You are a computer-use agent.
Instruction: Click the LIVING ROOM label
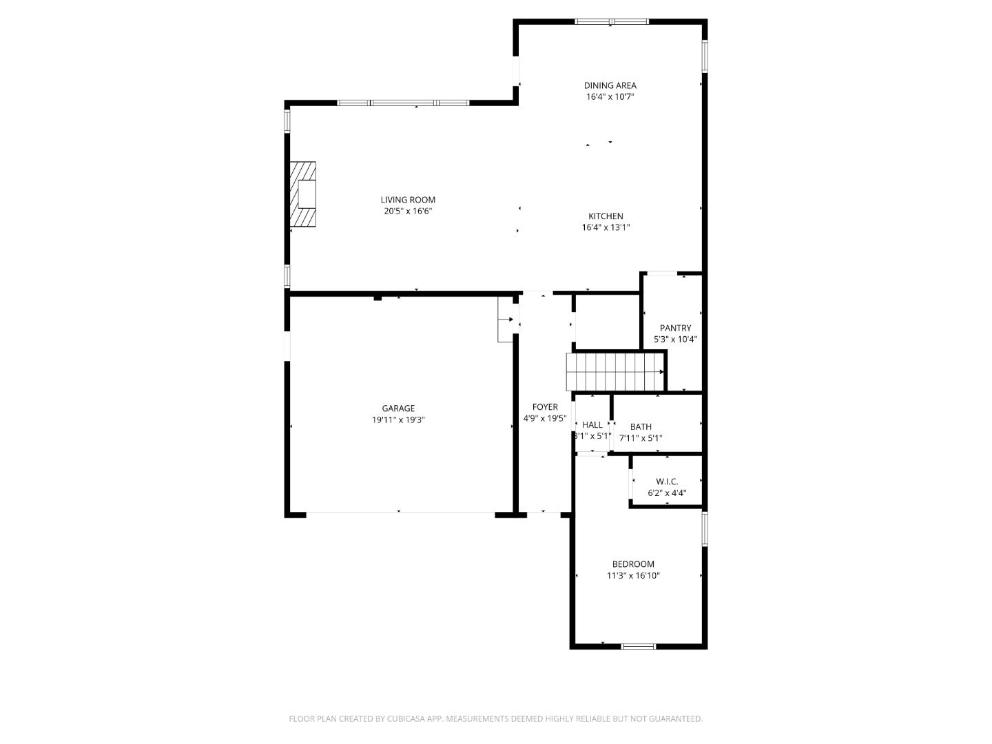coord(408,200)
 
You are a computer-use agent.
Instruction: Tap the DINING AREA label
coord(610,85)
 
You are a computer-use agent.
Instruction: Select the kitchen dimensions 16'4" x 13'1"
coord(606,227)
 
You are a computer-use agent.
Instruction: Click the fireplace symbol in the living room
coord(303,194)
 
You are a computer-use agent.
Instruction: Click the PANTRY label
coord(675,328)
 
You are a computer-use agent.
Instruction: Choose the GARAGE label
coord(398,409)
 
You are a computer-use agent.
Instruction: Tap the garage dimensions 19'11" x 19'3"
coord(398,420)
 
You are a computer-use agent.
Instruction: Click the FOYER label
coord(545,407)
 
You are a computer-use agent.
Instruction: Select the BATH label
coord(641,426)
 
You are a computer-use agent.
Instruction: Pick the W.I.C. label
coord(667,482)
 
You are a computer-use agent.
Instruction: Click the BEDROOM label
coord(633,564)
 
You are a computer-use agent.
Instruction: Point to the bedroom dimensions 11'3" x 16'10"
coord(633,575)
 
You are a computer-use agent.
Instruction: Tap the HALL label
coord(592,425)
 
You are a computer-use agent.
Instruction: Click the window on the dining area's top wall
coord(612,21)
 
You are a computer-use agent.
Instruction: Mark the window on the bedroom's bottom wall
coord(638,646)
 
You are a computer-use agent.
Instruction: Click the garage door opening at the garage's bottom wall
coord(400,513)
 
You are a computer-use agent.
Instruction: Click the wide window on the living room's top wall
coord(403,103)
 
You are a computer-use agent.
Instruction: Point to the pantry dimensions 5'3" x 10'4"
coord(675,339)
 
